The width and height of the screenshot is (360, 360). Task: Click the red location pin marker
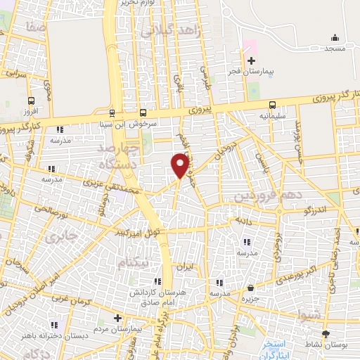[181, 165]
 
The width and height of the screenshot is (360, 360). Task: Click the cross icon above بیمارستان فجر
[250, 60]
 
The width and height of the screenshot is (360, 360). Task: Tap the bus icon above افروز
[31, 101]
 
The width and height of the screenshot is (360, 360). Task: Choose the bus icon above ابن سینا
[112, 112]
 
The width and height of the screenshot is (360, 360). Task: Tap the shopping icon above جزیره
[251, 288]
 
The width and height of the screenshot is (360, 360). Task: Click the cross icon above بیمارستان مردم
[117, 318]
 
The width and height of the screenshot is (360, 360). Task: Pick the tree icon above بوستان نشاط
[325, 334]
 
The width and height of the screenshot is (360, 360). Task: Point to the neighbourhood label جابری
[59, 238]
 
